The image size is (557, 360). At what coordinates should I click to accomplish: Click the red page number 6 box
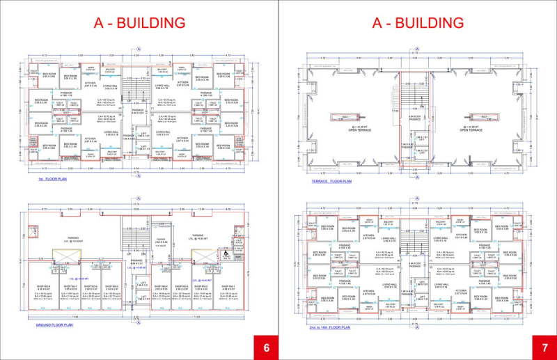click(x=265, y=347)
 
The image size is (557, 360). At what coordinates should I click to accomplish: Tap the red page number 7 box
click(x=543, y=347)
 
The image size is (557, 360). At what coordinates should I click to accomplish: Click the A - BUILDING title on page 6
click(x=139, y=22)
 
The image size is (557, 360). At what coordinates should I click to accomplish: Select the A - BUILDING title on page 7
click(x=418, y=22)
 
